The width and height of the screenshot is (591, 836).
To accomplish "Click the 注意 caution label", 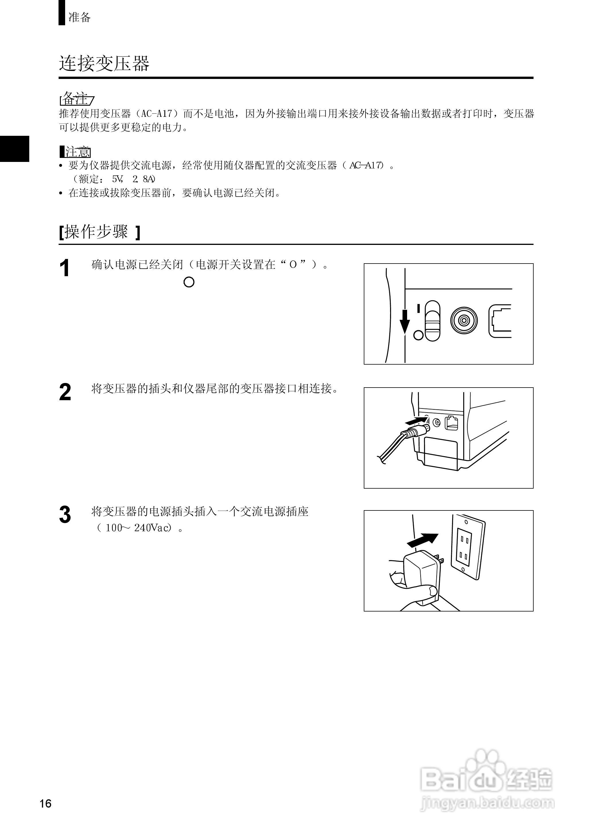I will click(x=77, y=152).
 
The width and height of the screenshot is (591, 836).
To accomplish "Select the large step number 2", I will click(x=65, y=392).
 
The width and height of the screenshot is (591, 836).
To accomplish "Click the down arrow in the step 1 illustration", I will click(x=405, y=320).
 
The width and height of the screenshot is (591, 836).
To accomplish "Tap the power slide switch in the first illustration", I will click(x=432, y=321).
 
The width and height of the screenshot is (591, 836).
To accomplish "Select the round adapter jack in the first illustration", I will click(x=464, y=320).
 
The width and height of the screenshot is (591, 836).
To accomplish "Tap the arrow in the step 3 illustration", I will click(x=422, y=540).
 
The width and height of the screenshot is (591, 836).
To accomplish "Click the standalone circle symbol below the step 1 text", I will click(x=189, y=282).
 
